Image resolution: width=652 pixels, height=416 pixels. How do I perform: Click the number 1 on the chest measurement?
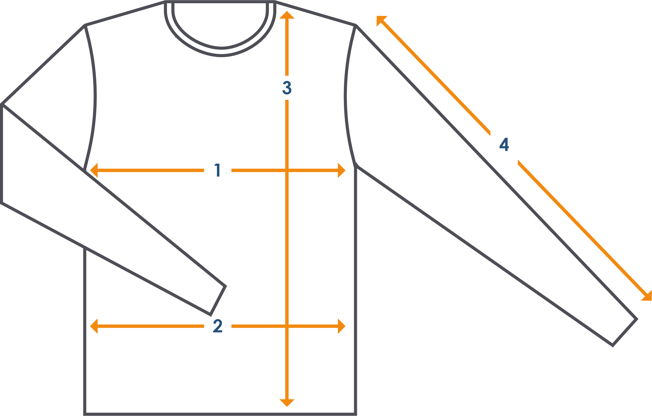click(x=218, y=170)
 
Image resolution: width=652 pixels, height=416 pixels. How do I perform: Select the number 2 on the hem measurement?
click(x=218, y=326)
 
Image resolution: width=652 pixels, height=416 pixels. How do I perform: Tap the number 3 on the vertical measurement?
click(x=287, y=88)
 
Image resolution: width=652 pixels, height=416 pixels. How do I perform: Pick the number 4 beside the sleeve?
click(x=504, y=144)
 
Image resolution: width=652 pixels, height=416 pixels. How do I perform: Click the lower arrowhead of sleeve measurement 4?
click(x=647, y=296)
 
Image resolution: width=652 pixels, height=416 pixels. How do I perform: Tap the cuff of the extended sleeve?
click(x=625, y=332)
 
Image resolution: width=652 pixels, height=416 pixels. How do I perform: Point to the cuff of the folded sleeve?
click(x=218, y=300)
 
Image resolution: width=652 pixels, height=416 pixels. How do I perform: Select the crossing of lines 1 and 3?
click(x=287, y=170)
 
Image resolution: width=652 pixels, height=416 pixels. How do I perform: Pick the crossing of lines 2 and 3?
click(x=287, y=326)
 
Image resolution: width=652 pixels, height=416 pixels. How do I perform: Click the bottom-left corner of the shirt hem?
click(x=85, y=414)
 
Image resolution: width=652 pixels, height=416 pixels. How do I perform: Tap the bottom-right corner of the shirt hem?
click(x=356, y=414)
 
